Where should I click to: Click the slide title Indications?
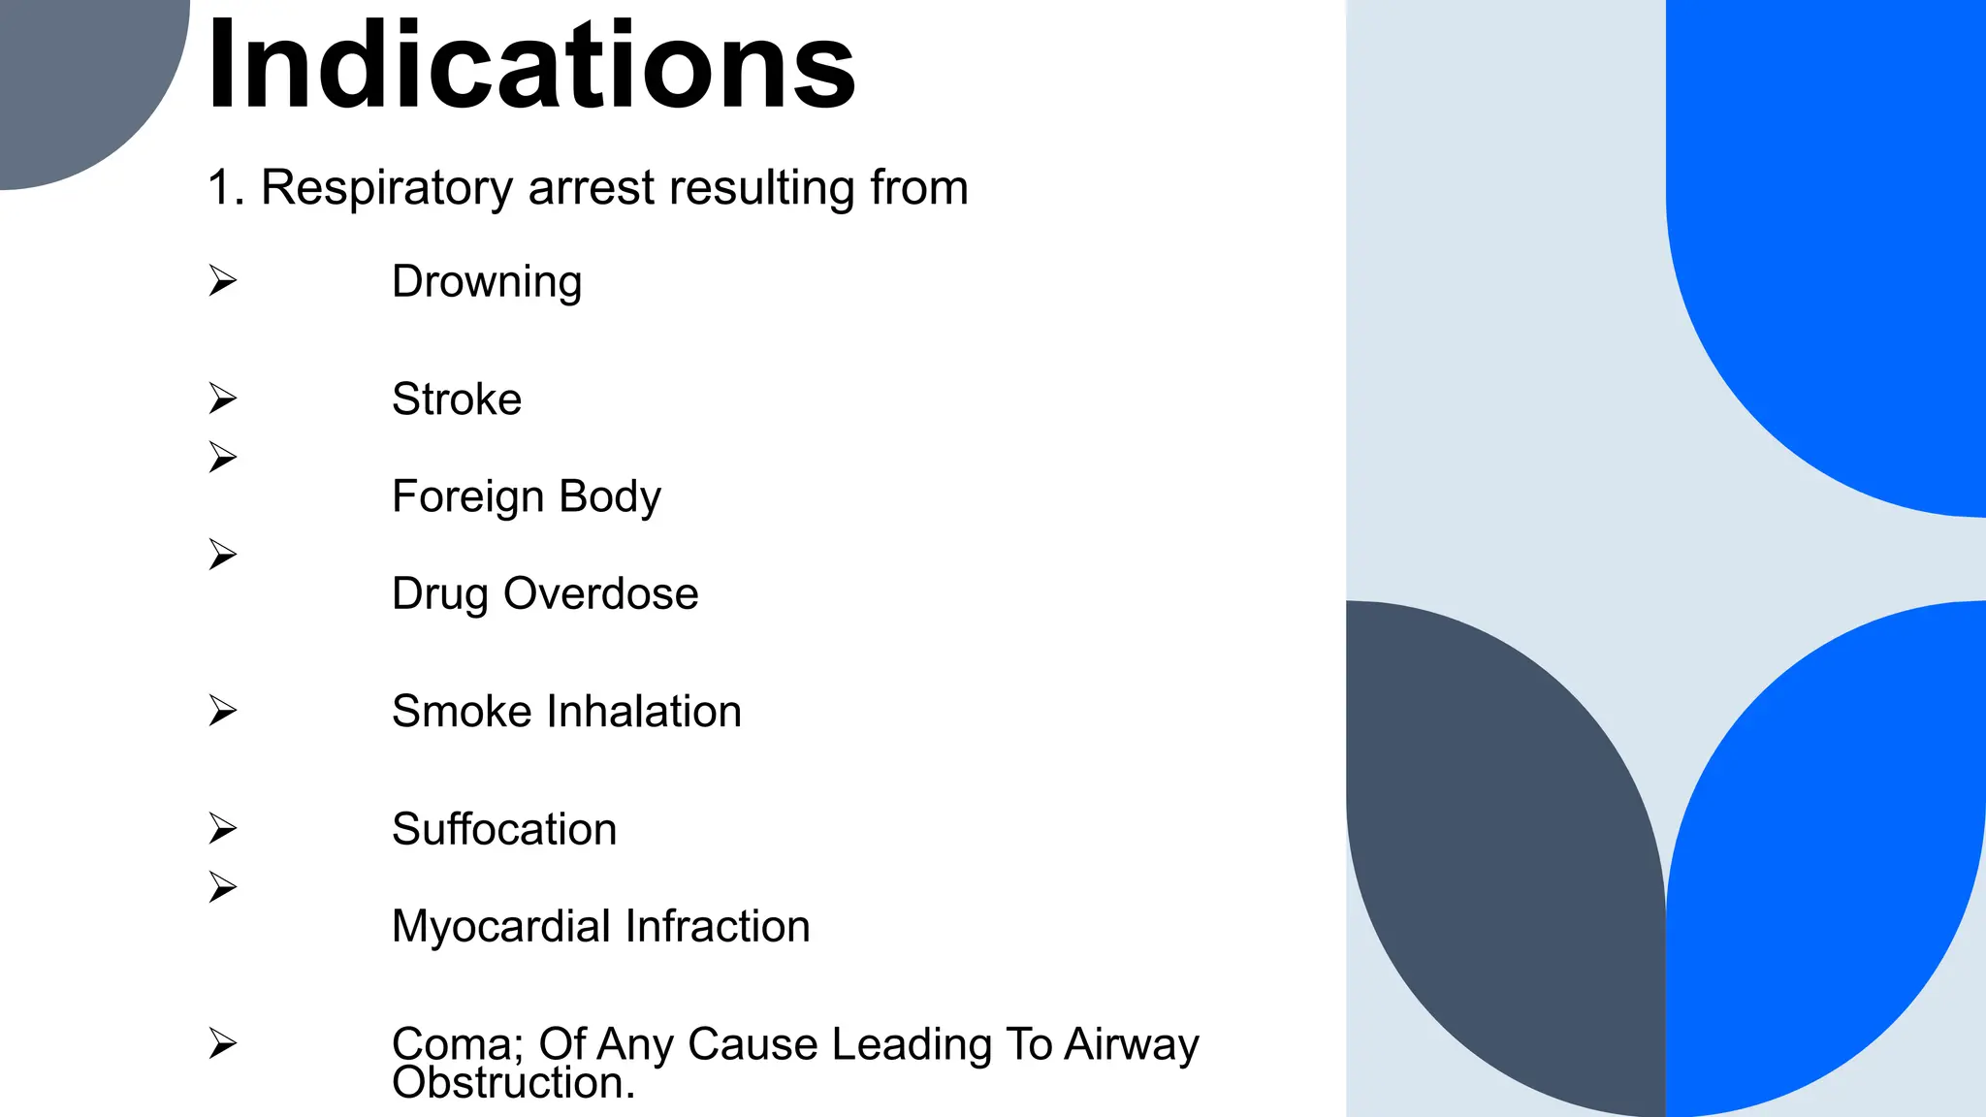[x=530, y=66]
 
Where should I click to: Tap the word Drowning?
[x=487, y=282]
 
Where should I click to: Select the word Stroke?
[x=457, y=399]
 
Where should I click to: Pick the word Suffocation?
[x=504, y=830]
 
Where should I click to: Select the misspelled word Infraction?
[x=718, y=927]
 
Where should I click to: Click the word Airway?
[x=1132, y=1045]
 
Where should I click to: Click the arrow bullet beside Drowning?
[x=223, y=281]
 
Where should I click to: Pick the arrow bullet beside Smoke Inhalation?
[x=223, y=711]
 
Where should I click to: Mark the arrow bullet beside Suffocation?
[x=223, y=828]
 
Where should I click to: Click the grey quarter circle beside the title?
[x=78, y=78]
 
